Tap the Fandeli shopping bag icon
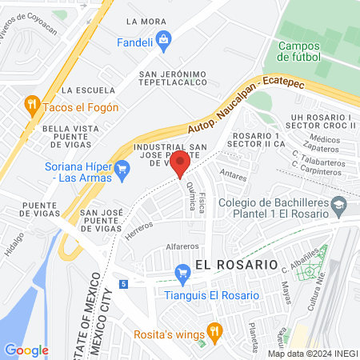(x=163, y=38)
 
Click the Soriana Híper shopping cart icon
(x=122, y=168)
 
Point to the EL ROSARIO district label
(x=236, y=264)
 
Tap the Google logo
(x=26, y=350)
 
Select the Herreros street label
(x=139, y=231)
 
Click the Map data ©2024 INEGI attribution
(x=312, y=354)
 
